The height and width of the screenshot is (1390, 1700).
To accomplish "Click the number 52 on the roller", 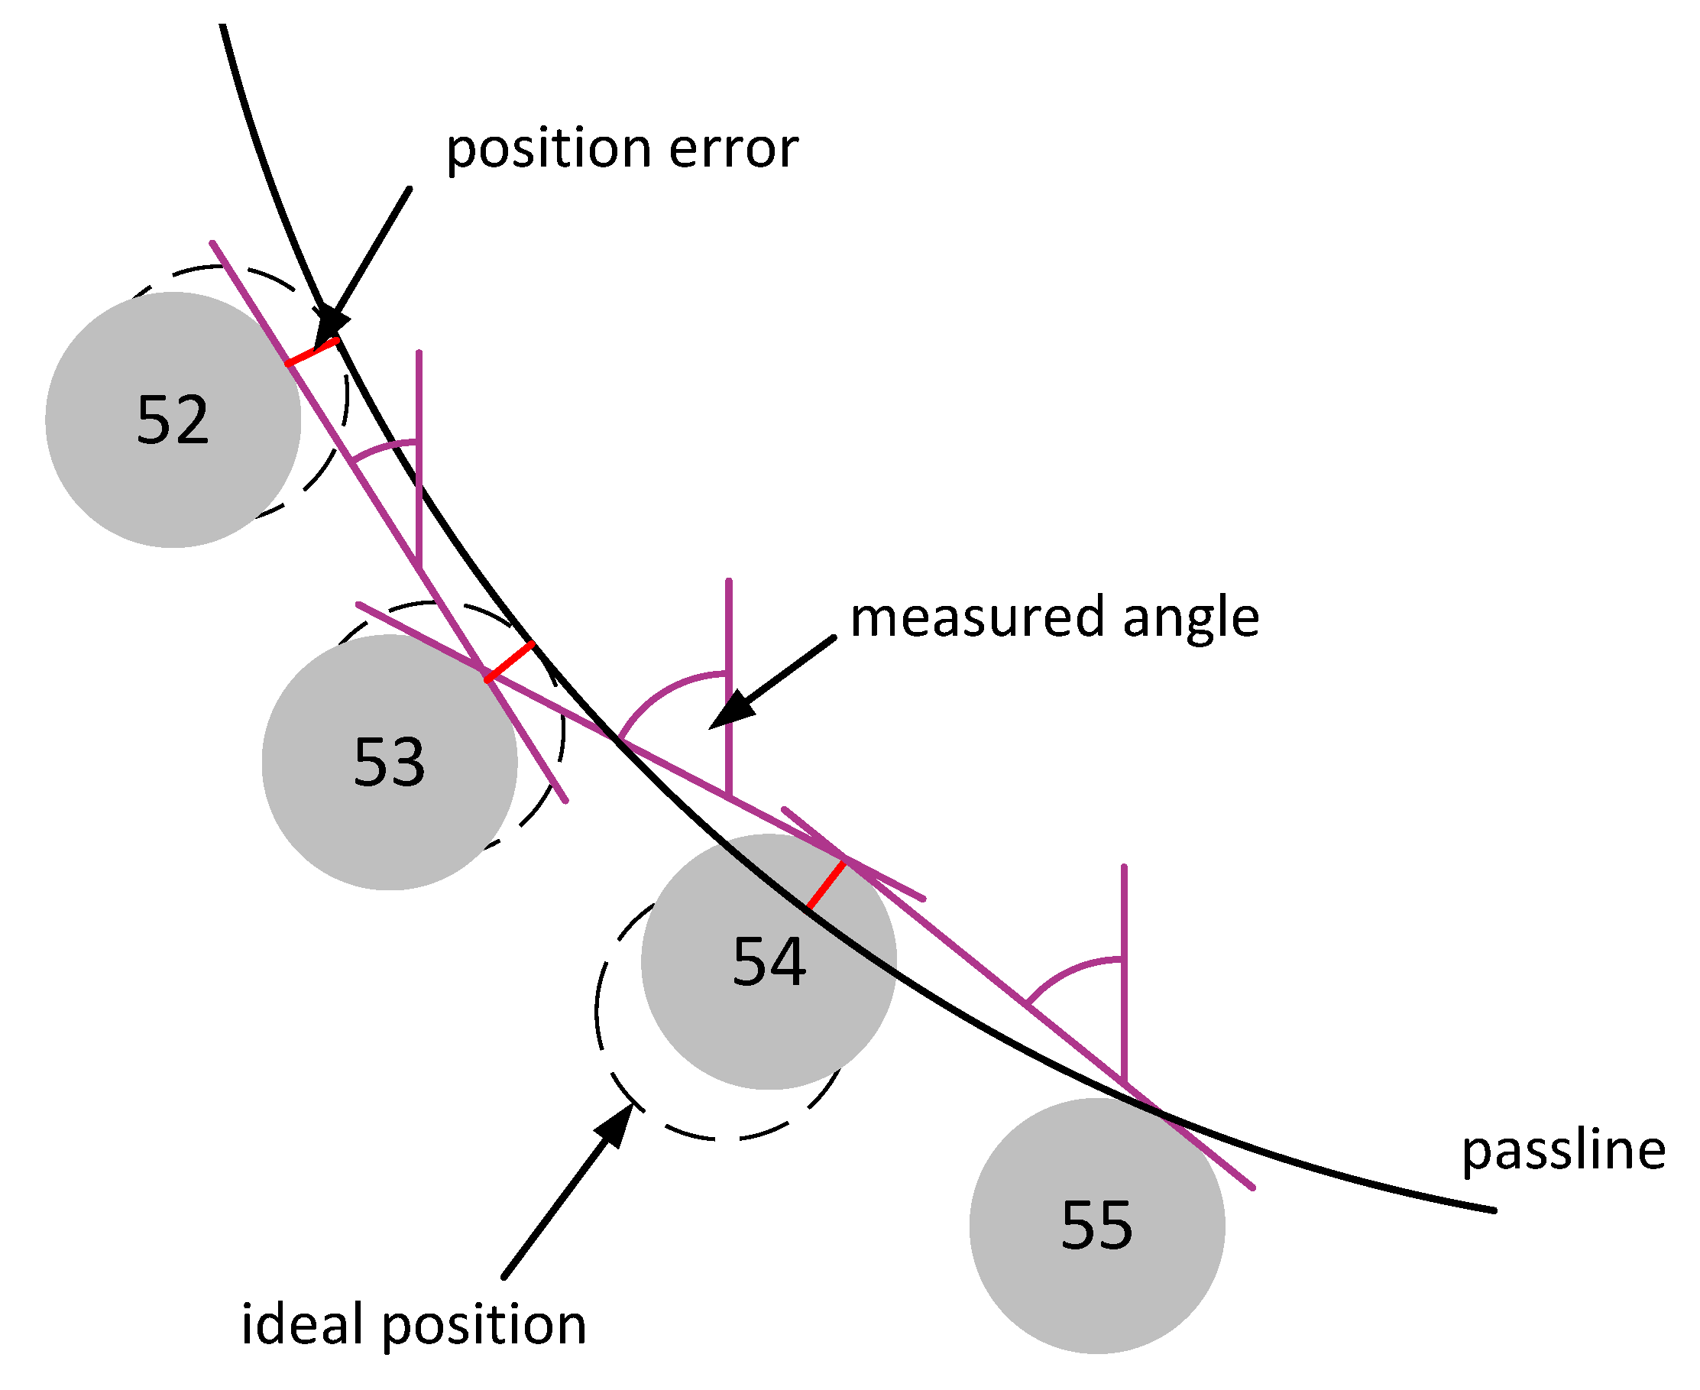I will pyautogui.click(x=173, y=420).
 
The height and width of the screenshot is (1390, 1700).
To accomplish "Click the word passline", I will pyautogui.click(x=1563, y=1151).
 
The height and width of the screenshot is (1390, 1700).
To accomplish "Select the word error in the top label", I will pyautogui.click(x=733, y=149).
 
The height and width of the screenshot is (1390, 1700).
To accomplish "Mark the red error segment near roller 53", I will pyautogui.click(x=509, y=661).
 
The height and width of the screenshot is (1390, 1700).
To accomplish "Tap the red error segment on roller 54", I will pyautogui.click(x=826, y=885).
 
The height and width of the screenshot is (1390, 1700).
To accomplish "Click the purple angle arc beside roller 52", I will pyautogui.click(x=383, y=448).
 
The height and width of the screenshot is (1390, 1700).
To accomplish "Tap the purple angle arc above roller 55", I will pyautogui.click(x=1068, y=970).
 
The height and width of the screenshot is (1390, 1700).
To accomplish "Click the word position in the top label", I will pyautogui.click(x=549, y=149).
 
